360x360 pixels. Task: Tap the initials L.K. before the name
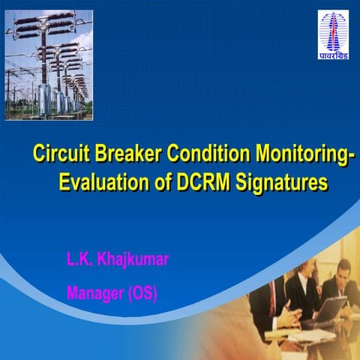(x=79, y=261)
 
